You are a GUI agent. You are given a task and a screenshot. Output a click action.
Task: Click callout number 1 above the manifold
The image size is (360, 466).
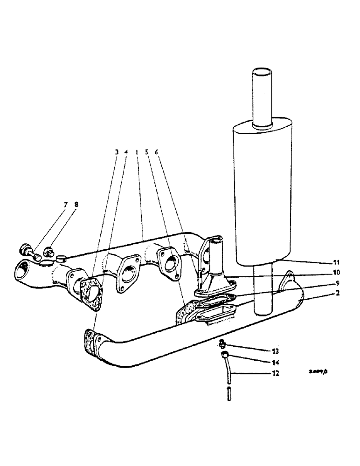pyautogui.click(x=136, y=152)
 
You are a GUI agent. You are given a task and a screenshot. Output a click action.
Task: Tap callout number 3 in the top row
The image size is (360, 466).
pyautogui.click(x=117, y=152)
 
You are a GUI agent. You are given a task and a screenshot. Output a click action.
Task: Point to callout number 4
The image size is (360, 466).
pyautogui.click(x=126, y=152)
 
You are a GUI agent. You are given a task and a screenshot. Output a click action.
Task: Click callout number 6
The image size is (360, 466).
pyautogui.click(x=156, y=152)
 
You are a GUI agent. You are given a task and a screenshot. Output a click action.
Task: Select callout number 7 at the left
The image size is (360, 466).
pyautogui.click(x=66, y=205)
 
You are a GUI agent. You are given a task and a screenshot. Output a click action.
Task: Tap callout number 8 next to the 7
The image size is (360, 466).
pyautogui.click(x=76, y=205)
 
